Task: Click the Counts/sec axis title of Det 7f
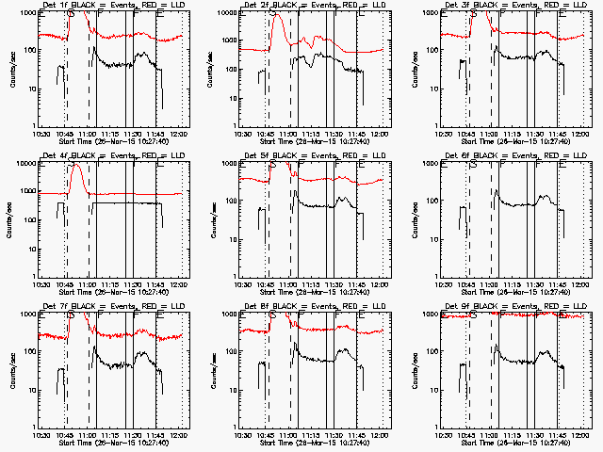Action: pos(13,370)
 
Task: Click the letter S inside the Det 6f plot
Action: pos(472,165)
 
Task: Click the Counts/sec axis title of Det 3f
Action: pos(416,69)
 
